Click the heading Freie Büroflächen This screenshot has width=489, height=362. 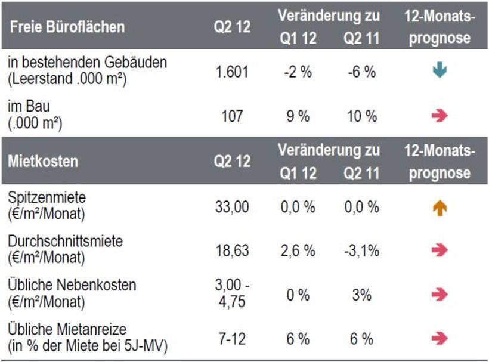[67, 27]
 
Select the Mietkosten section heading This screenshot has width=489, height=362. [44, 161]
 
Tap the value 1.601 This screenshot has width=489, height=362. [232, 72]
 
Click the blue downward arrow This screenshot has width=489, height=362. [440, 71]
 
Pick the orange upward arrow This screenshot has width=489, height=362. [440, 208]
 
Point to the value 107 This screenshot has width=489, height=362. [232, 116]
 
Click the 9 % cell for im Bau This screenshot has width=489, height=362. [298, 116]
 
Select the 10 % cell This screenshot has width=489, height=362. [362, 116]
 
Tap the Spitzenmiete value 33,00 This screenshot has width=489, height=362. [232, 207]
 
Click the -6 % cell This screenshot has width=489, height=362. [362, 72]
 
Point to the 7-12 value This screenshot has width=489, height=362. [232, 339]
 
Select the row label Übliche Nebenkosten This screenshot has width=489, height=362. [72, 286]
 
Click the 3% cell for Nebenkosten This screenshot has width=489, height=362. [362, 295]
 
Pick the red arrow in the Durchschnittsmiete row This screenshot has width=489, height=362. [440, 250]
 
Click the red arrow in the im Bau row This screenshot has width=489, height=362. [440, 116]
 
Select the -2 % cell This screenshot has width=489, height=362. [298, 72]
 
